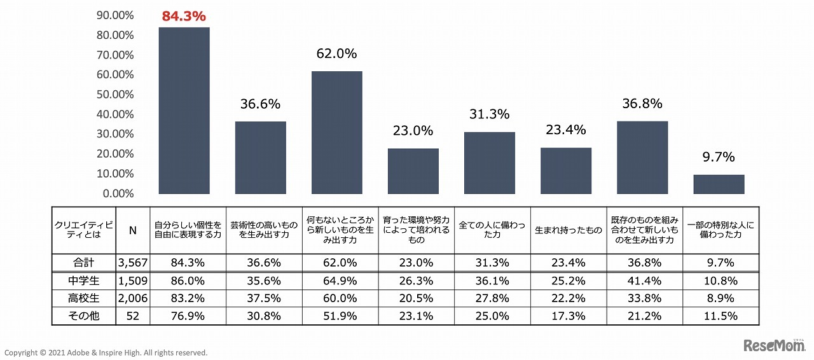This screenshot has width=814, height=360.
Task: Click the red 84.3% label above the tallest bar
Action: point(184,16)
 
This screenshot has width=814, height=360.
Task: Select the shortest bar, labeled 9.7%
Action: point(719,184)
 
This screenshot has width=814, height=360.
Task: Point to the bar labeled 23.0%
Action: point(413,171)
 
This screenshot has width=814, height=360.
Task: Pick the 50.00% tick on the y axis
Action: point(115,94)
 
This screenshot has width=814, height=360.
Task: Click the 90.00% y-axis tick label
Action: point(115,15)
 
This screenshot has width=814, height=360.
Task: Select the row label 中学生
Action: point(84,280)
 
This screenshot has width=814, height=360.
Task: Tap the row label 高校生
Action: point(84,298)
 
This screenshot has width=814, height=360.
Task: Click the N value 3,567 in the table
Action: point(133,263)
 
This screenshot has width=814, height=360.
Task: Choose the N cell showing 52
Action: point(133,316)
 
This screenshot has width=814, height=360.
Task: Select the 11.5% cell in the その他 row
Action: point(721,316)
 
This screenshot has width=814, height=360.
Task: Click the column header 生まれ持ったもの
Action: point(569,230)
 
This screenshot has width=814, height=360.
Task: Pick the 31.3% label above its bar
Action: point(490,114)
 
